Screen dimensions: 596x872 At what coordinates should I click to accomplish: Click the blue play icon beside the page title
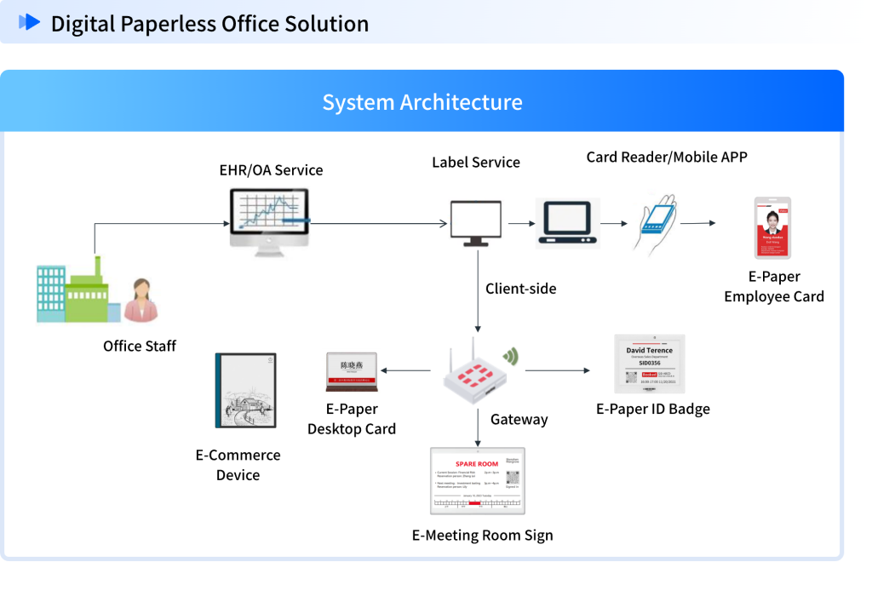tap(29, 22)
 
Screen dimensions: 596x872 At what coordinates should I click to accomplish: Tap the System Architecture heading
tap(422, 102)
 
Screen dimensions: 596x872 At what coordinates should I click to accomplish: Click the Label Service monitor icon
tap(475, 222)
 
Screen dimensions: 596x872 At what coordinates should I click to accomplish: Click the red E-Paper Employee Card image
tap(772, 227)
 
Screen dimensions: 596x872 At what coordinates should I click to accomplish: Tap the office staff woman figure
tap(141, 300)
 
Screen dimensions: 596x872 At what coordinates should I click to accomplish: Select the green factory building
tap(85, 293)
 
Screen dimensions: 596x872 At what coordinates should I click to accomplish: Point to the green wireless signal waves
tap(511, 356)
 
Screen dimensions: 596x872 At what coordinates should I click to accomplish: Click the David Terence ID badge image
tap(649, 364)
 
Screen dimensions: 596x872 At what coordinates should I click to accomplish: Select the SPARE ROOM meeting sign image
tap(477, 481)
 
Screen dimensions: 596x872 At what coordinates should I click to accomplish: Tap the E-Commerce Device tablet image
tap(245, 390)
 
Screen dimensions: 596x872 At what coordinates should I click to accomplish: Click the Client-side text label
tap(520, 289)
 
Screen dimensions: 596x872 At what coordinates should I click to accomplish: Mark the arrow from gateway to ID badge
tap(557, 370)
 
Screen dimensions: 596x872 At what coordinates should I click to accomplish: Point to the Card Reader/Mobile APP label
tap(666, 157)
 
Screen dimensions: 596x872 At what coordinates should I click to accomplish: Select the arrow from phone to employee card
tap(697, 223)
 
